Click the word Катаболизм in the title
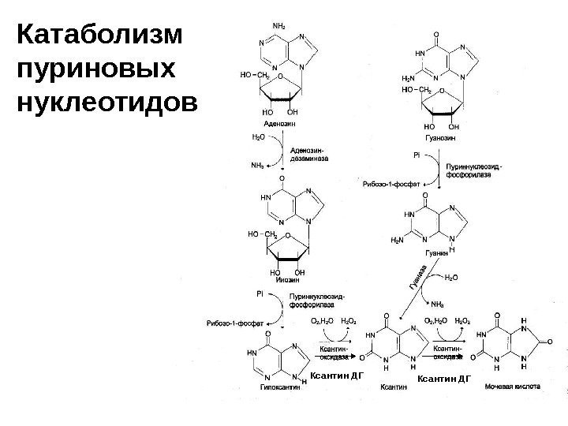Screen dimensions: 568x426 point(99,36)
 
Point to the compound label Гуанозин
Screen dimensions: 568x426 point(437,137)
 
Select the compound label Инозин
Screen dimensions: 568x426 point(282,282)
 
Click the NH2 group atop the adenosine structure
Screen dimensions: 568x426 point(278,27)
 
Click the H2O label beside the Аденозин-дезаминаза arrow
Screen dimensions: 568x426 point(258,137)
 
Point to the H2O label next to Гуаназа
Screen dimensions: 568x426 point(453,278)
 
